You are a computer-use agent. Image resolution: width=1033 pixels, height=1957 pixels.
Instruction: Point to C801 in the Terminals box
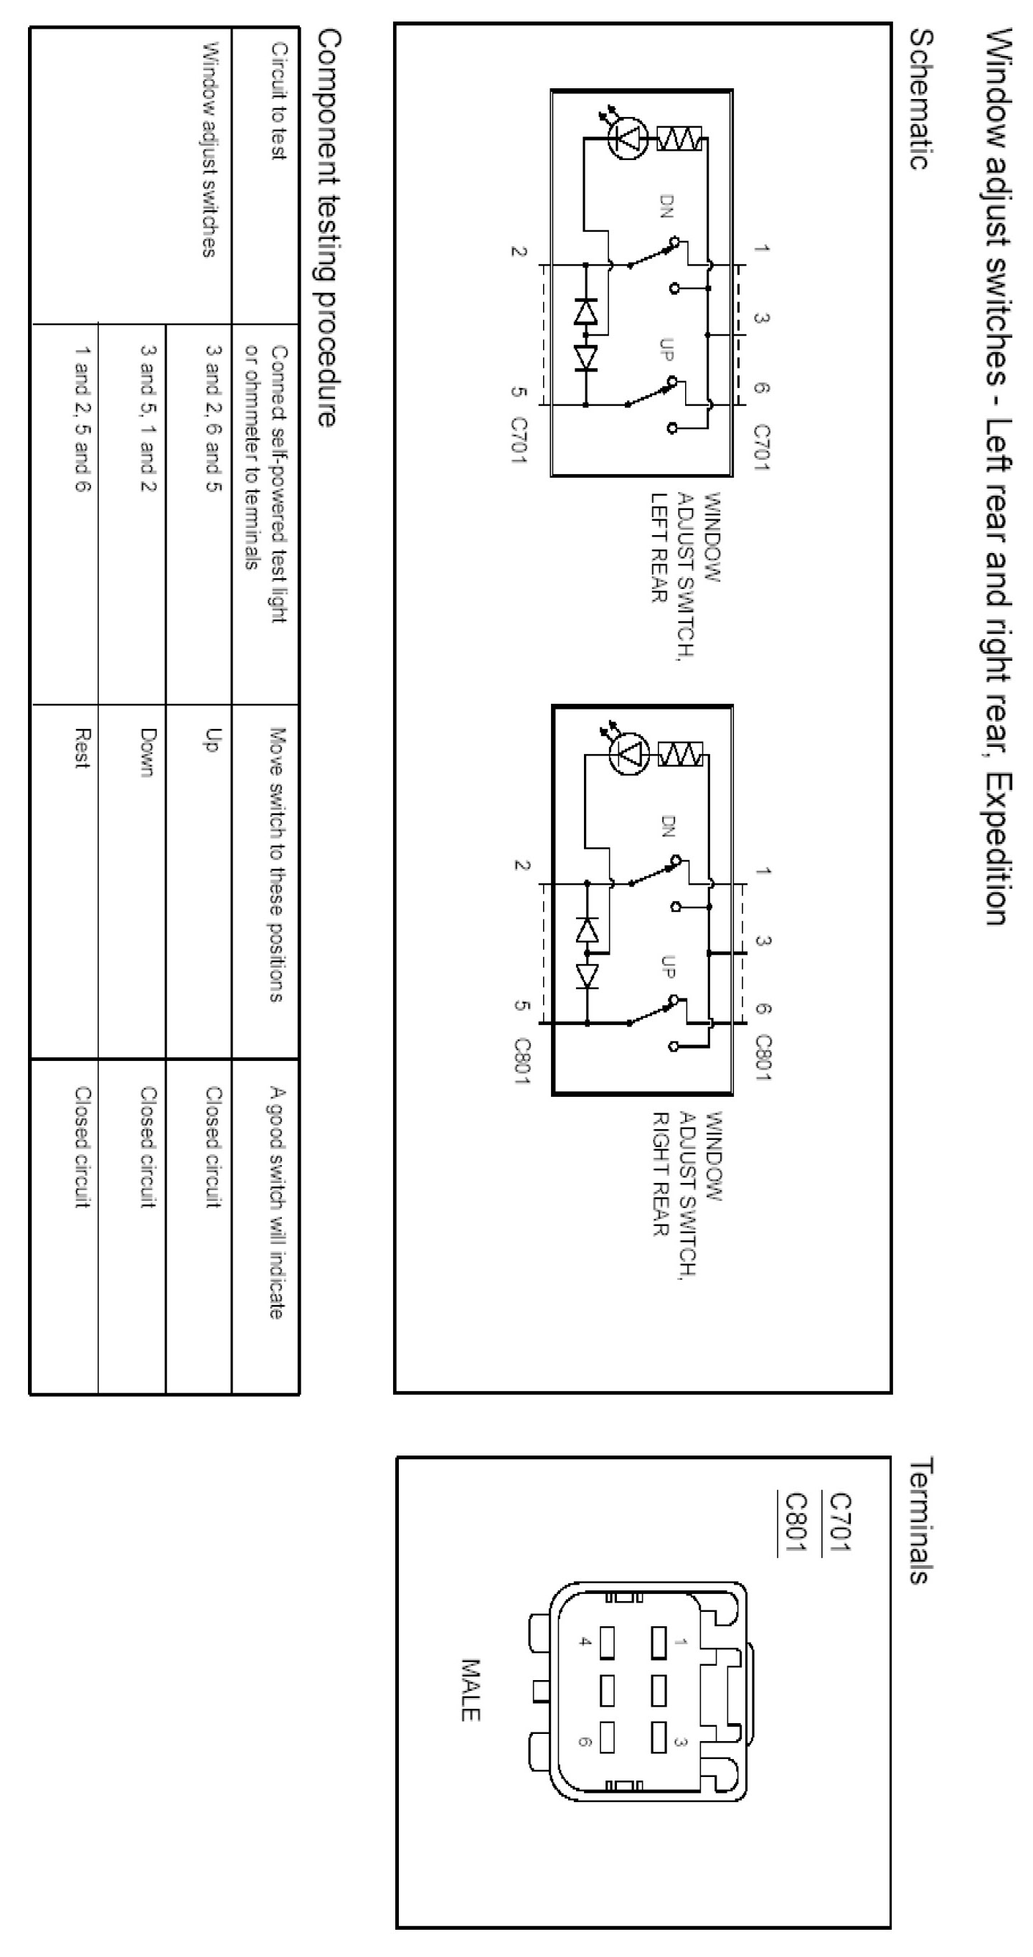pyautogui.click(x=796, y=1524)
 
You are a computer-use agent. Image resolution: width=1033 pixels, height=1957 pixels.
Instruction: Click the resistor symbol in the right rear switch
pyautogui.click(x=679, y=755)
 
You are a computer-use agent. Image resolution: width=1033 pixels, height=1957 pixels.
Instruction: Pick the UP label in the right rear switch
pyautogui.click(x=668, y=966)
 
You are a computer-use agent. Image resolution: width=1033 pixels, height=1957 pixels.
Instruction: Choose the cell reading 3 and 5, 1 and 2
pyautogui.click(x=148, y=418)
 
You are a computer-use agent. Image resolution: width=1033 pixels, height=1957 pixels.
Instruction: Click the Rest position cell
pyautogui.click(x=82, y=748)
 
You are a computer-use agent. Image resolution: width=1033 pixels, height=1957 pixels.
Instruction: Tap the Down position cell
pyautogui.click(x=148, y=752)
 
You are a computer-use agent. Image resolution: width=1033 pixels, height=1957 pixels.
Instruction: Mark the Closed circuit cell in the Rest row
pyautogui.click(x=82, y=1147)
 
